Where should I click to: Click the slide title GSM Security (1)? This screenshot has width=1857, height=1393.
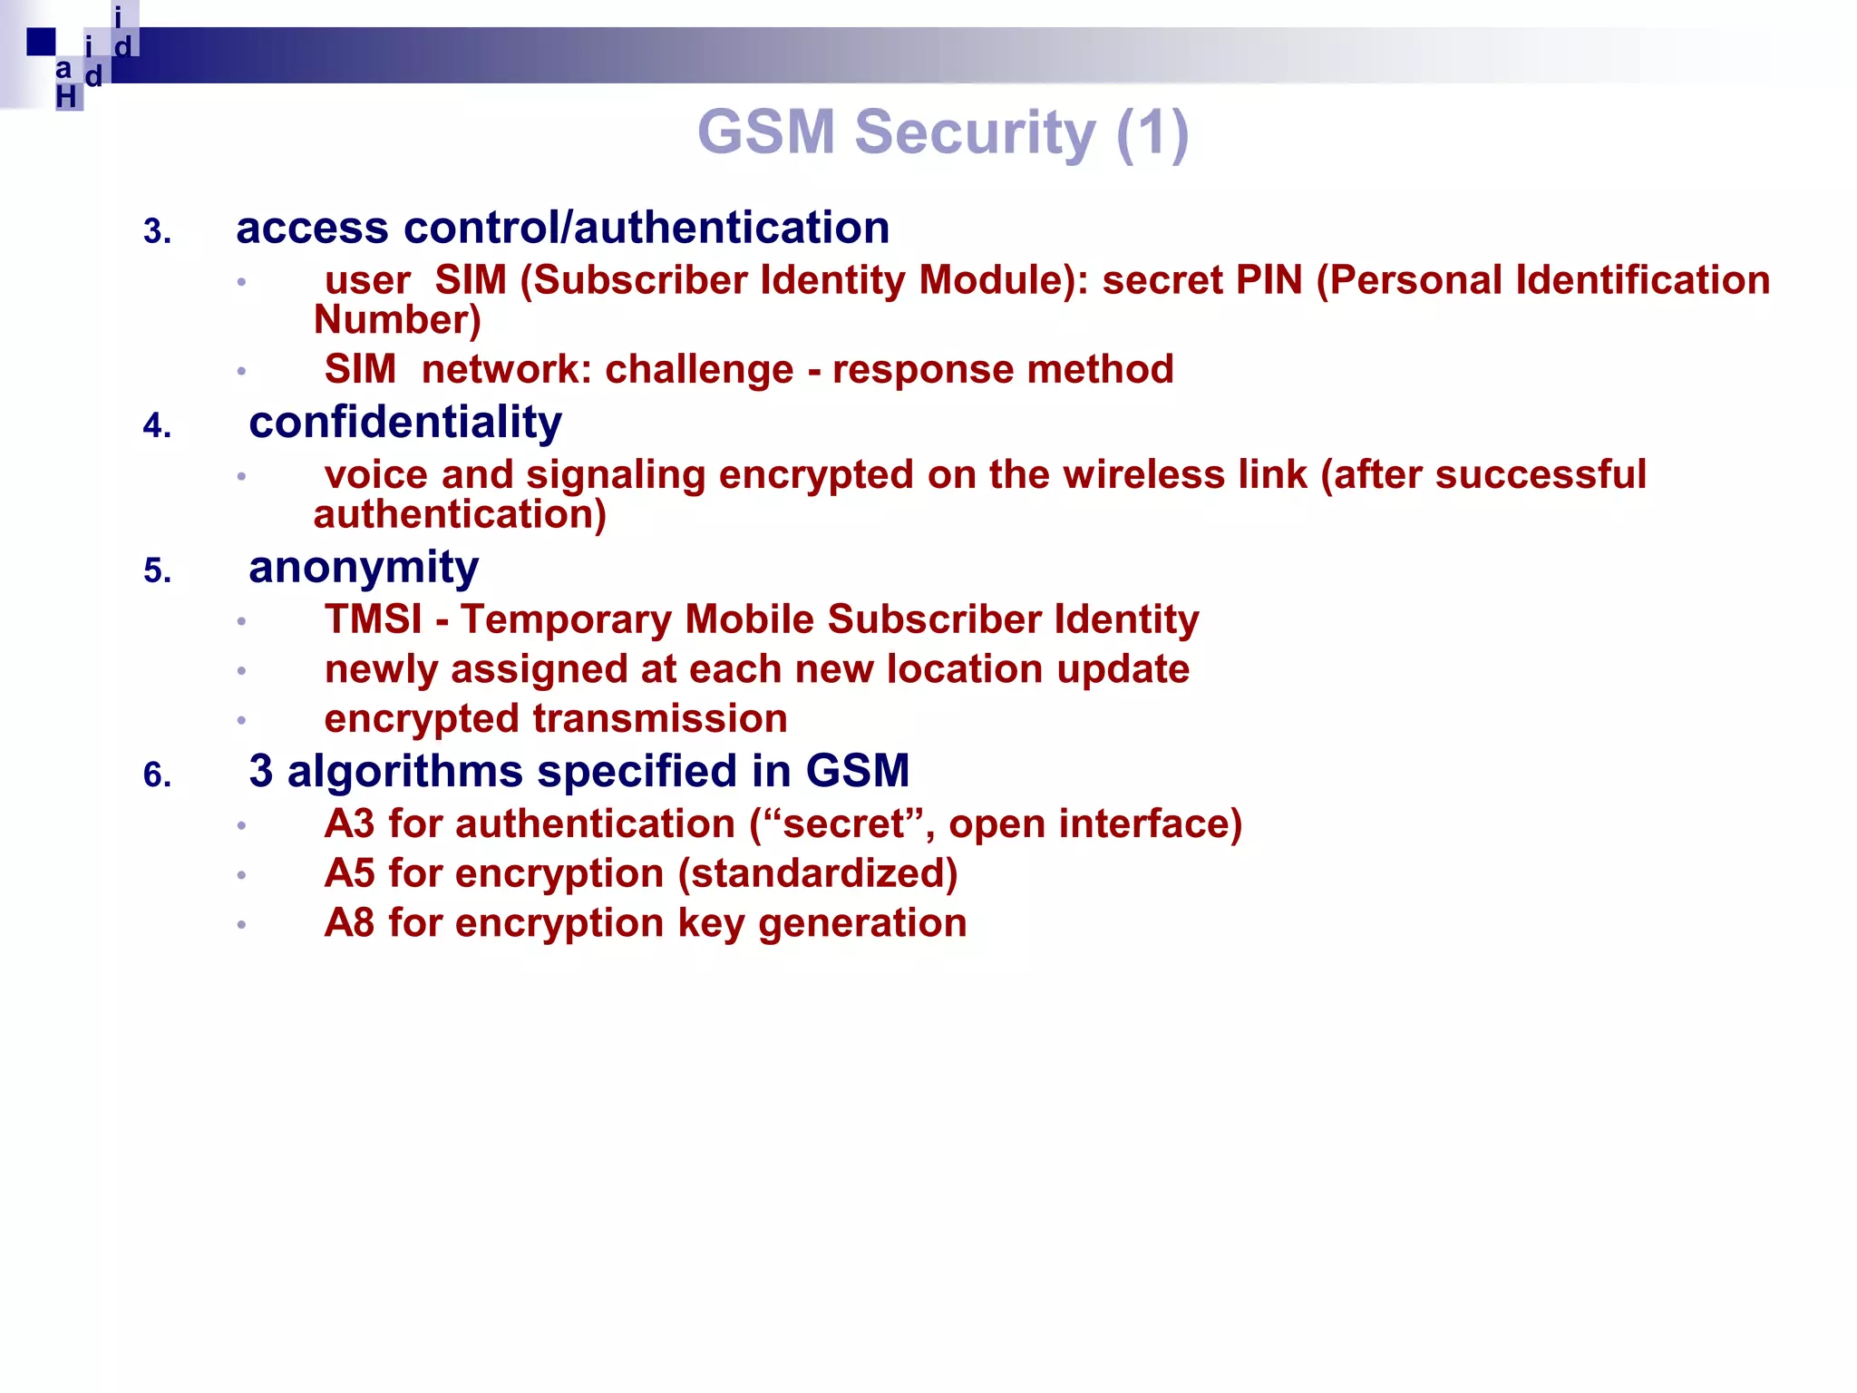coord(942,132)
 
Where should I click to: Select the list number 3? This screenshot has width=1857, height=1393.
coord(156,232)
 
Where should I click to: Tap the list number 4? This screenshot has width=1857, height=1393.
coord(156,426)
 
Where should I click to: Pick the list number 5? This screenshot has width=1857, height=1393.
coord(156,571)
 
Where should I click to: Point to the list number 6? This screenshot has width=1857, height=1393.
coord(156,775)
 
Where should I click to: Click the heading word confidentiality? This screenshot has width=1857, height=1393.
coord(405,423)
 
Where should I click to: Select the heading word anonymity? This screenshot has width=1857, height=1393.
coord(364,568)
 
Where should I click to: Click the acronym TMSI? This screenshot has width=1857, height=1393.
coord(373,619)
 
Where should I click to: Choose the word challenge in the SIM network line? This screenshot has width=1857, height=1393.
coord(698,370)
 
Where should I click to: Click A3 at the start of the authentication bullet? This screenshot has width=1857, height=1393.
coord(349,824)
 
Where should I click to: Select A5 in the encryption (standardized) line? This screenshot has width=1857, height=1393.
coord(349,874)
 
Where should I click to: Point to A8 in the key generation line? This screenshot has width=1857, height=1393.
coord(349,923)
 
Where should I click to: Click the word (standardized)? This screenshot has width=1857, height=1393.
coord(818,874)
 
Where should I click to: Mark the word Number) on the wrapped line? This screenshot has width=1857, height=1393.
coord(397,320)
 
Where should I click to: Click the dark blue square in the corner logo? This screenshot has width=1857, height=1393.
coord(41,42)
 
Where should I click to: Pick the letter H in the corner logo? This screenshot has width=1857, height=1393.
coord(66,97)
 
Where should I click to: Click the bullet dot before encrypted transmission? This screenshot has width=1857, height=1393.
coord(241,721)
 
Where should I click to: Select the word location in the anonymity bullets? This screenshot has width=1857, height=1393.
coord(964,670)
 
